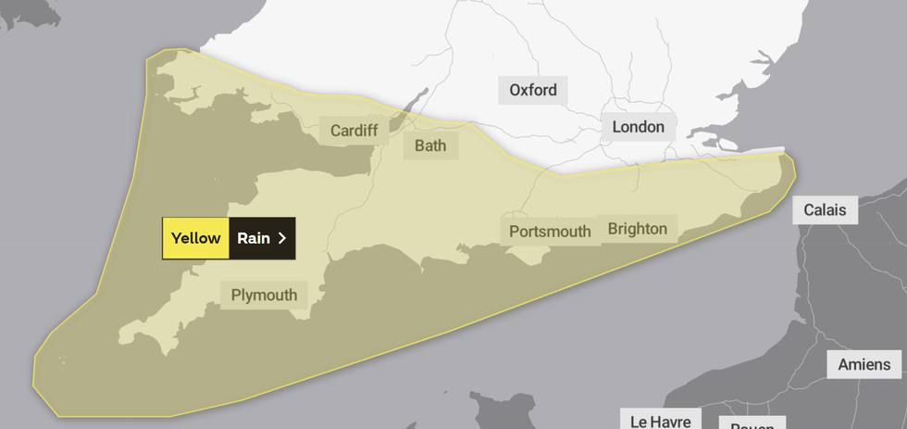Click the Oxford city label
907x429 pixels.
tap(533, 90)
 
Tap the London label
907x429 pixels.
tap(638, 127)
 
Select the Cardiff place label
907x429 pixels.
tap(354, 131)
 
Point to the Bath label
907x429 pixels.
tap(430, 145)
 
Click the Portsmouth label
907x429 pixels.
tap(550, 231)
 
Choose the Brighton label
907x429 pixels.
tap(637, 228)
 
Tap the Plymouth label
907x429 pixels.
tap(264, 295)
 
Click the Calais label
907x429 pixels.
tap(825, 209)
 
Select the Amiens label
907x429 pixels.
tap(864, 364)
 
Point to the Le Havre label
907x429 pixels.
tap(661, 421)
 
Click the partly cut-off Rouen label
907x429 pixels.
tap(752, 424)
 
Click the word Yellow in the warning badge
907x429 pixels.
tap(195, 238)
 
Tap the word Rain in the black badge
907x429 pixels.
tap(253, 238)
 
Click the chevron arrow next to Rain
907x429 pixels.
tap(282, 238)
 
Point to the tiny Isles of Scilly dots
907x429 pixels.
tap(61, 360)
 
